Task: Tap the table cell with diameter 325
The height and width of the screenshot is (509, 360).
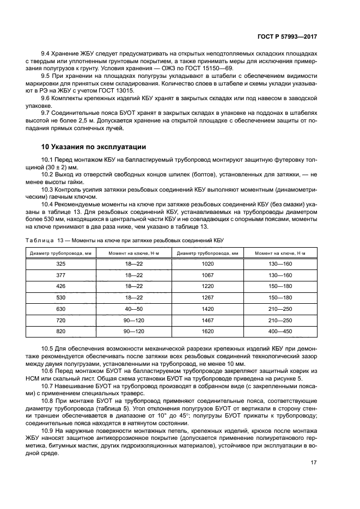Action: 60,264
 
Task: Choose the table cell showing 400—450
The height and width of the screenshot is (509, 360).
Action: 280,332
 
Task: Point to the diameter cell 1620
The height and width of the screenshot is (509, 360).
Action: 208,332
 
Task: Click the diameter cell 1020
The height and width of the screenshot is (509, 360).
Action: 208,264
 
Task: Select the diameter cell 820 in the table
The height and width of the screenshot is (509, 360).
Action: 60,332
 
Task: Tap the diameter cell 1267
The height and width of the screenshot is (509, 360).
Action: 208,298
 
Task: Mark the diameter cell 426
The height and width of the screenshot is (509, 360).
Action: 60,286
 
